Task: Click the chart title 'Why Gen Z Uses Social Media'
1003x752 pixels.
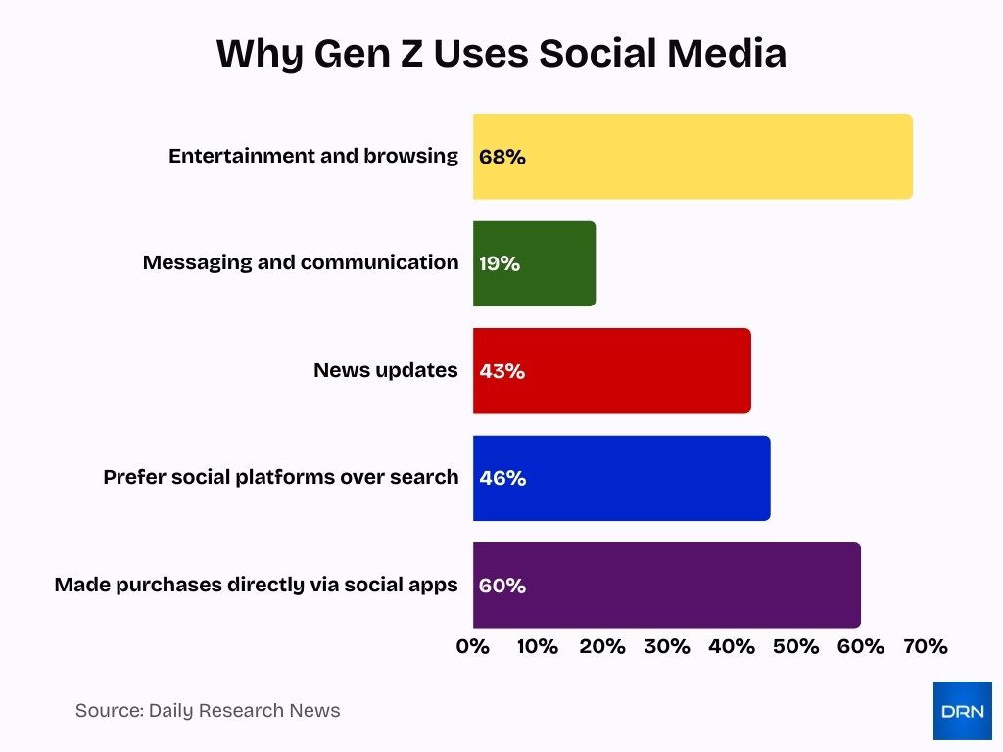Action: coord(501,54)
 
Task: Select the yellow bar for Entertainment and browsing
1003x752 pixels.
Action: coord(693,157)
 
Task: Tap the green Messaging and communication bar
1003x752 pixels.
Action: coord(534,263)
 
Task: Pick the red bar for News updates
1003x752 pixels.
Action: coord(612,371)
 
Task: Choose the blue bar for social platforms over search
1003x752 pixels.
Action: coord(621,478)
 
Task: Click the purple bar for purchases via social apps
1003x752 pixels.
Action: coord(666,586)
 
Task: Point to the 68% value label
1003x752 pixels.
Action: coord(502,157)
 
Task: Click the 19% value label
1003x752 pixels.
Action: coord(500,263)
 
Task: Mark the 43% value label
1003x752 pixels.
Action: coord(502,371)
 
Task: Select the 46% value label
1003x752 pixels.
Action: coord(502,478)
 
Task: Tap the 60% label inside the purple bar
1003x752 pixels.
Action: coord(502,586)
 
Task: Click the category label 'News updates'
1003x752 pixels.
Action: coord(385,370)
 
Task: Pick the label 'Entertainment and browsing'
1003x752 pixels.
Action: coord(312,156)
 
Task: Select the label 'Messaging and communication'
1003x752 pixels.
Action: coord(300,262)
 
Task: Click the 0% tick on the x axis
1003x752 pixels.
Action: coord(473,647)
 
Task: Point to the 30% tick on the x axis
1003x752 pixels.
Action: coord(667,647)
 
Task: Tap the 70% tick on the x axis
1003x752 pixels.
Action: coord(926,647)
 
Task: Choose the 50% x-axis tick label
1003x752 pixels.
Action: coord(796,647)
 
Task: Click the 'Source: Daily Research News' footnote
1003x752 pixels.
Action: coord(208,711)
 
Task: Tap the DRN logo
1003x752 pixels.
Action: coord(962,711)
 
